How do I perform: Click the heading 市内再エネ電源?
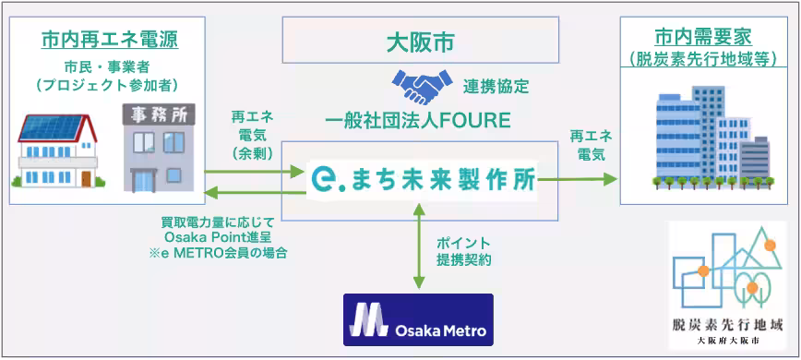click(x=109, y=40)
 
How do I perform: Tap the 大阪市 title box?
click(x=420, y=42)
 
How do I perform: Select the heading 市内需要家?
click(x=702, y=38)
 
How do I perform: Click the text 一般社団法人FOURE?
click(x=420, y=120)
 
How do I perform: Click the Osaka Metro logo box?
click(x=418, y=318)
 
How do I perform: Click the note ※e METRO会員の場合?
click(x=219, y=253)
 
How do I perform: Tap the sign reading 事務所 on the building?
click(x=153, y=115)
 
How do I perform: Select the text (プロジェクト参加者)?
click(x=109, y=85)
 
